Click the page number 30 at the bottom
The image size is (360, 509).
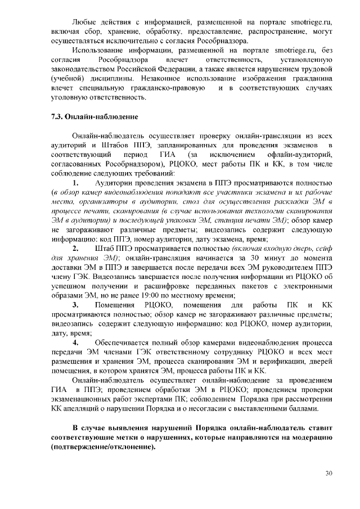point(328,473)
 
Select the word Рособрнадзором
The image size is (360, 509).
point(139,163)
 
